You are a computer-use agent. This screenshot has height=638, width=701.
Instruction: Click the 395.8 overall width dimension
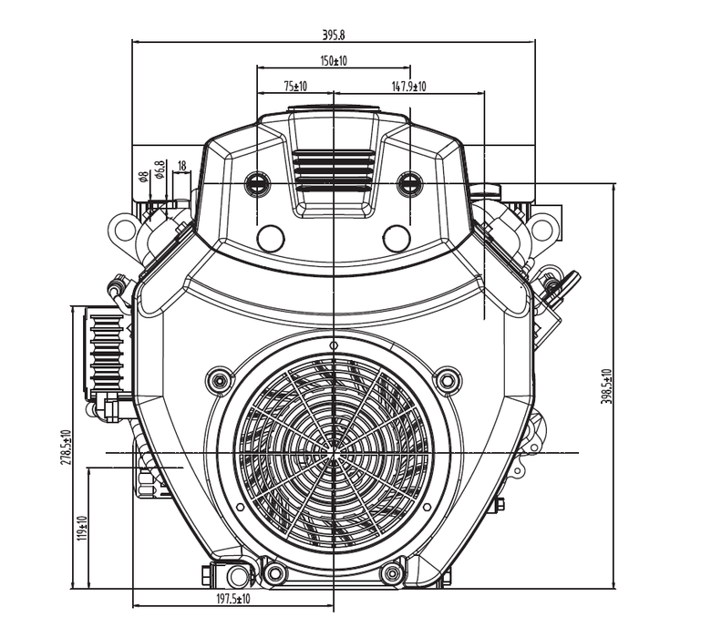335,35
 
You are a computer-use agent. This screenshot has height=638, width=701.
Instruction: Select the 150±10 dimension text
335,60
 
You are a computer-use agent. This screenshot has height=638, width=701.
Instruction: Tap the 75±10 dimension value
295,87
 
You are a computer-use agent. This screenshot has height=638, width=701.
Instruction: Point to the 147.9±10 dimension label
409,87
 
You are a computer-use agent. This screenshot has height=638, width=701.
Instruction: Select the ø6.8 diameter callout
159,170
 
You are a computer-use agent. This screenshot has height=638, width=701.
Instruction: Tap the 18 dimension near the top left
181,166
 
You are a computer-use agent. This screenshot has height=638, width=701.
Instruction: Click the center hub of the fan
335,450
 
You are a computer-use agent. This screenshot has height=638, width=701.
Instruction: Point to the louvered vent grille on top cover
334,171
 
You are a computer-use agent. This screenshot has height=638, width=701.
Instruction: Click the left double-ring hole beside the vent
259,184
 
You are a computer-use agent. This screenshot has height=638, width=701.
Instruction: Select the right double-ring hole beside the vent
409,184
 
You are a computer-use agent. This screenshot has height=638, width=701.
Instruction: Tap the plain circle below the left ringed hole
271,239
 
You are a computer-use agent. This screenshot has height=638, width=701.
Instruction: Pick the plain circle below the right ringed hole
397,239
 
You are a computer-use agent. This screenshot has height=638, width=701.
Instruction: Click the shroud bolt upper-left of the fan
219,380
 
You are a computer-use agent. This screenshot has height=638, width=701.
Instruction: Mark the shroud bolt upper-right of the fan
447,380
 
